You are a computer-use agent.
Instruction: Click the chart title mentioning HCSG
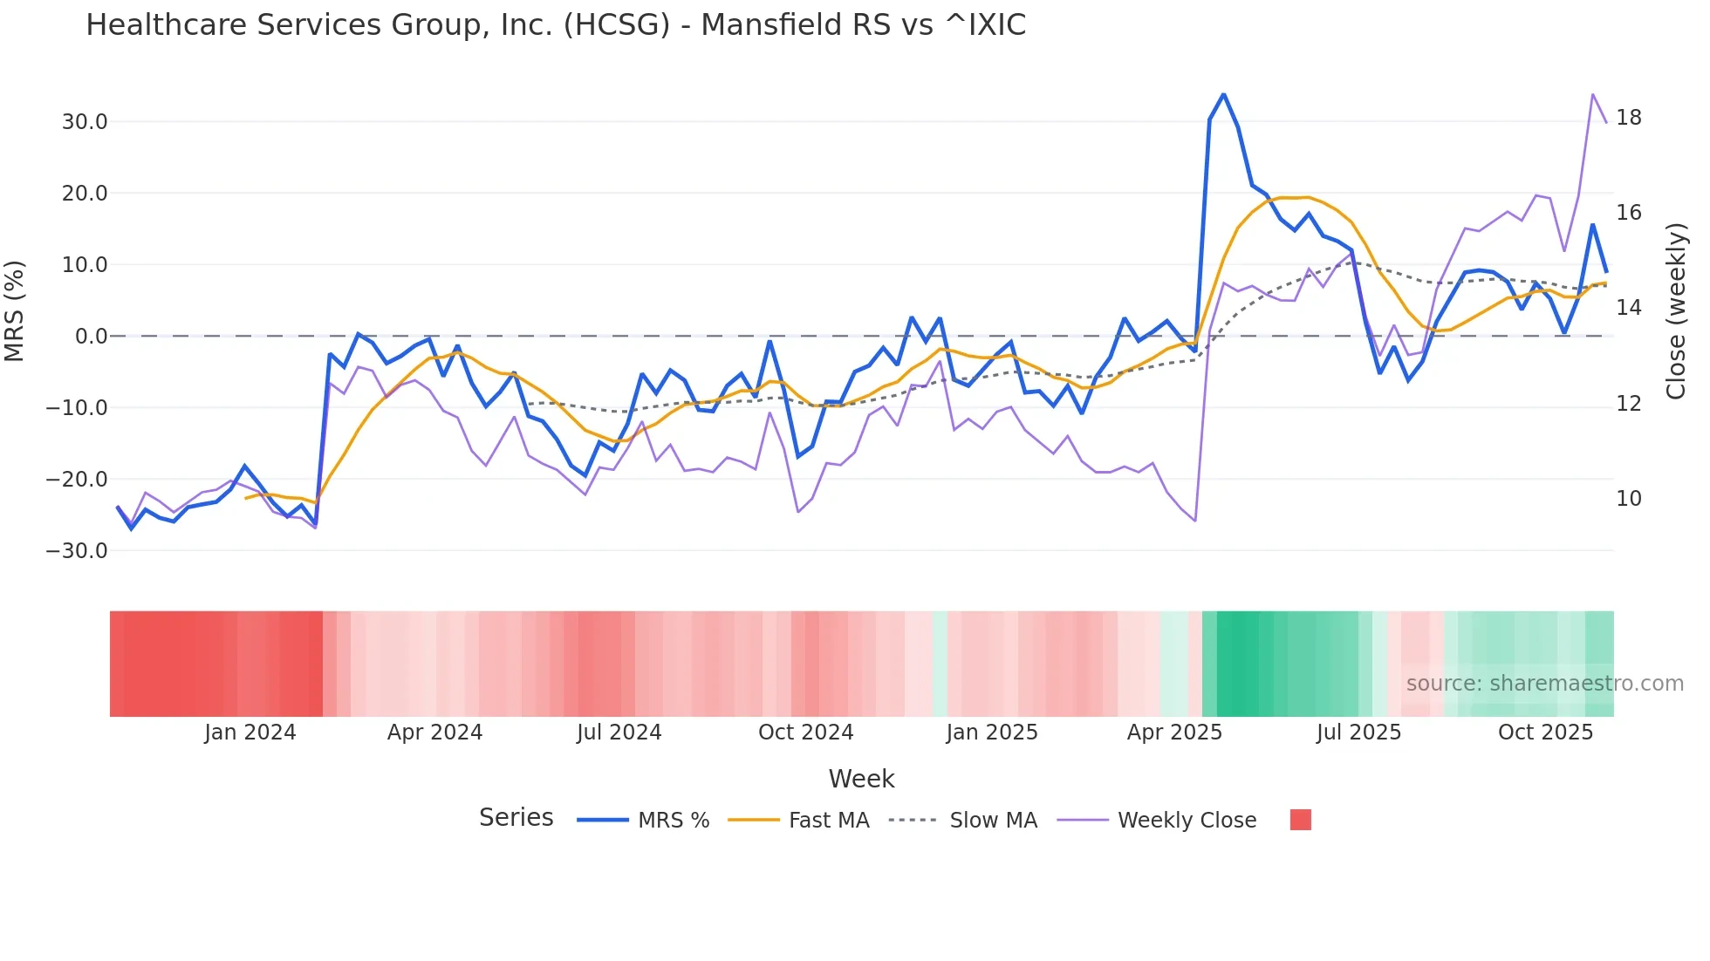556,25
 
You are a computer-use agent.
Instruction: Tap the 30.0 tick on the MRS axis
85,122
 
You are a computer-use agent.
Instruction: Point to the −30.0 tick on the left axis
78,551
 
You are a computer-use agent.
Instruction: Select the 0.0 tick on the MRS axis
91,337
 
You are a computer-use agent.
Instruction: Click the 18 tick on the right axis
1629,118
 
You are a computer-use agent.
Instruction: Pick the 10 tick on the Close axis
1629,499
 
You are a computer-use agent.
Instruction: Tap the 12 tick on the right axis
1629,404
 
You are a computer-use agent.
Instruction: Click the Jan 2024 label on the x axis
250,733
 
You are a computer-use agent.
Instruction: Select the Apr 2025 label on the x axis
1174,733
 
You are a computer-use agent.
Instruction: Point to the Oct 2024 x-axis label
805,733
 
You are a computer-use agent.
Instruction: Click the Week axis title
861,779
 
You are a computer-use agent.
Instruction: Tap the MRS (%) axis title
15,310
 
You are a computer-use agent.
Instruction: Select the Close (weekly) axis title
1676,310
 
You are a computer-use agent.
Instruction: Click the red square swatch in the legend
1301,820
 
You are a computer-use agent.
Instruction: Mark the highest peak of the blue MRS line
1224,94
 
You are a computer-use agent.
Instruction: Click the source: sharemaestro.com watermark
1544,684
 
